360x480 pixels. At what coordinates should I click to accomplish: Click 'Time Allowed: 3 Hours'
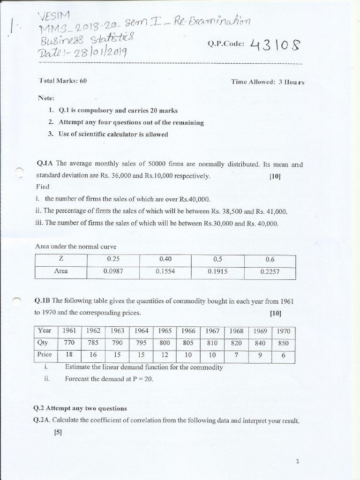(x=268, y=82)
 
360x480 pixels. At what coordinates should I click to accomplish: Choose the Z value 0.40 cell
(x=165, y=259)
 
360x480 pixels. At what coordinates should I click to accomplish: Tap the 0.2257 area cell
(x=269, y=271)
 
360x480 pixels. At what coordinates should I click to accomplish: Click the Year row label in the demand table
(x=45, y=331)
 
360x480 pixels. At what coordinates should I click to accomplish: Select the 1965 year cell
(x=165, y=331)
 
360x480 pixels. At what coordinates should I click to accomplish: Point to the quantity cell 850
(x=284, y=343)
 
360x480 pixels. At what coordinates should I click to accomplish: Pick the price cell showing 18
(x=69, y=355)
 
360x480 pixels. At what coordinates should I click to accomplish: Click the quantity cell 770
(x=69, y=343)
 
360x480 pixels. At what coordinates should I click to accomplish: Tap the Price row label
(x=45, y=355)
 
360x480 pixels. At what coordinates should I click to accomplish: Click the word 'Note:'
(x=46, y=98)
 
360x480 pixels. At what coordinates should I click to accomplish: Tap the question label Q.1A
(x=45, y=164)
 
